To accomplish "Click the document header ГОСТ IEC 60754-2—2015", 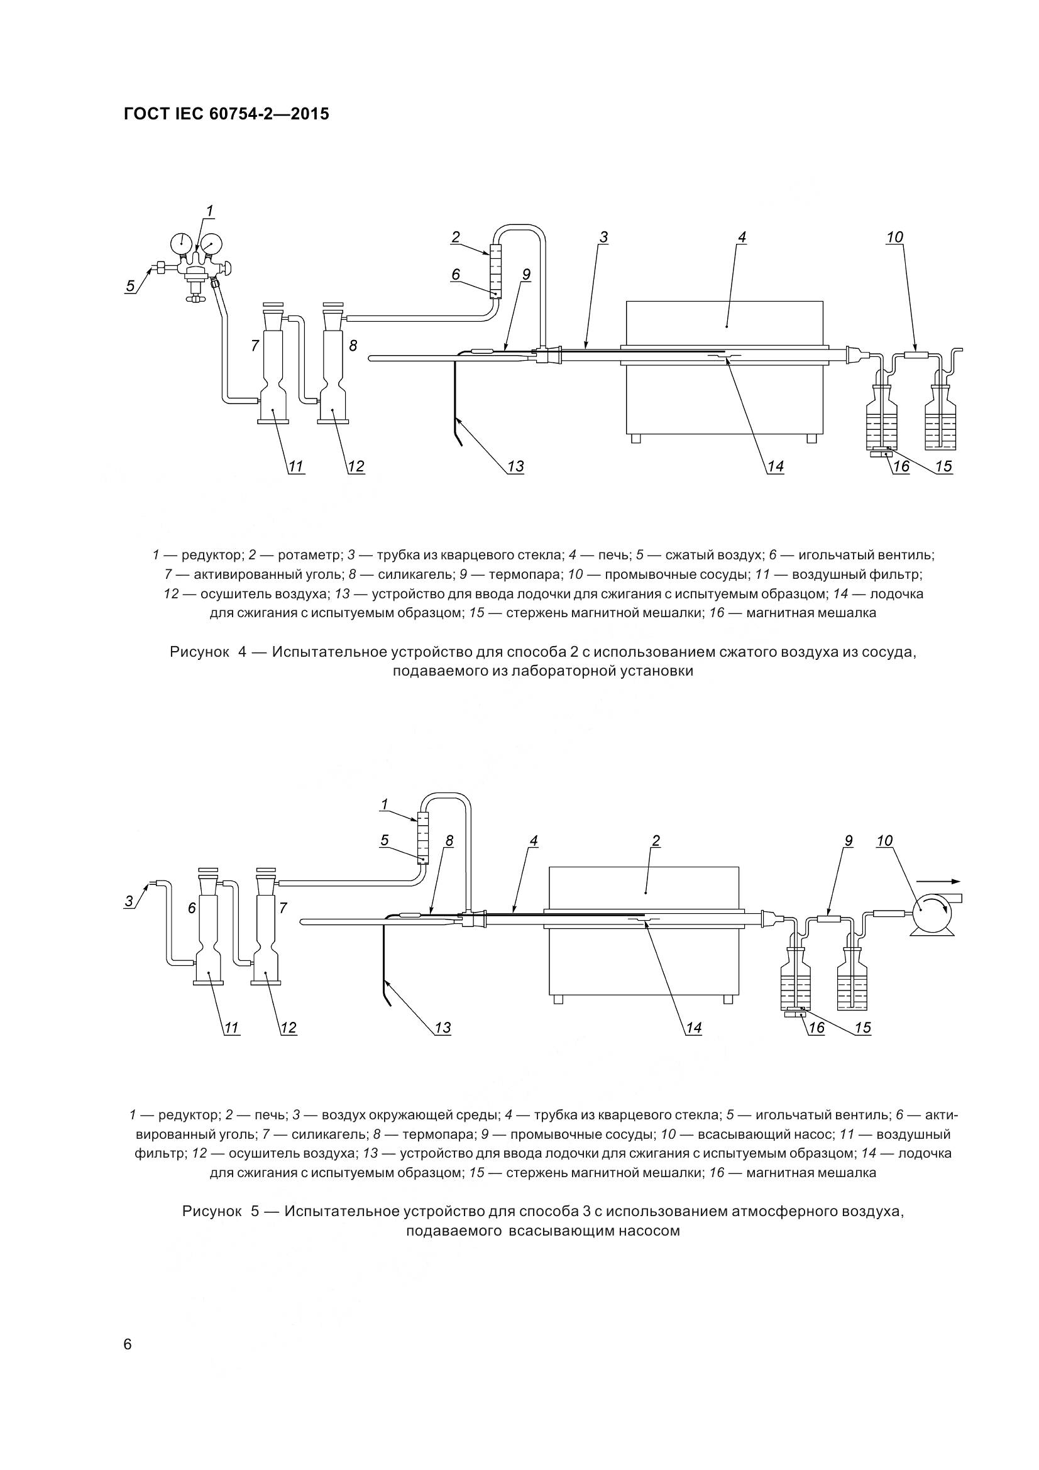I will click(x=226, y=114).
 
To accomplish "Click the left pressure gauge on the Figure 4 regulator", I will click(x=181, y=242).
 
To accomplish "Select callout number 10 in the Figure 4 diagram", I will click(x=894, y=238).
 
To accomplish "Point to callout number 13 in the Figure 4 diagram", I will click(x=515, y=467).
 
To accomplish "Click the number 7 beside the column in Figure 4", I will click(x=254, y=346).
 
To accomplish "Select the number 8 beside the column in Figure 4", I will click(x=353, y=346).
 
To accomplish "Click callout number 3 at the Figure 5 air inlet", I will click(x=129, y=901).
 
